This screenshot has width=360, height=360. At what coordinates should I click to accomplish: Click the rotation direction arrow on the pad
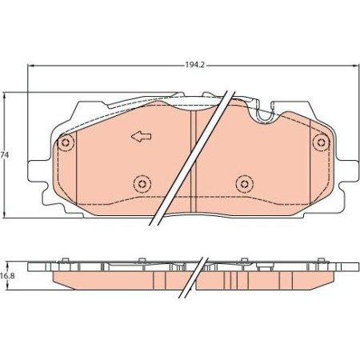tap(142, 137)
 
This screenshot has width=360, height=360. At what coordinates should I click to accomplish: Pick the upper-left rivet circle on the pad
tap(66, 143)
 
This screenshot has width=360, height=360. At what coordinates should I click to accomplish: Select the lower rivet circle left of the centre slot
tap(142, 184)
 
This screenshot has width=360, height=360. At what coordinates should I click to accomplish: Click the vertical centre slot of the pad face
tap(193, 160)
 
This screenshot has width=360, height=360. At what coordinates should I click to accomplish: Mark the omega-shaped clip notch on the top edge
tap(262, 116)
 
